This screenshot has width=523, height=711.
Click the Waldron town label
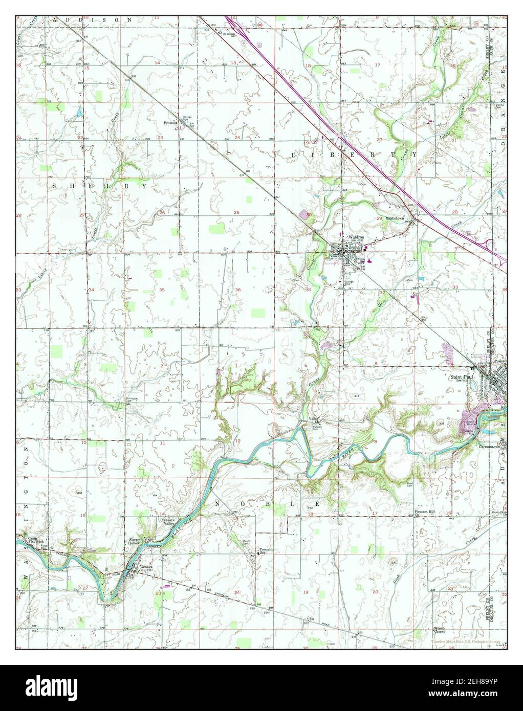356,238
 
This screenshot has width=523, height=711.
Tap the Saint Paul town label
459,379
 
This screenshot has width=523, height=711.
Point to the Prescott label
170,123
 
